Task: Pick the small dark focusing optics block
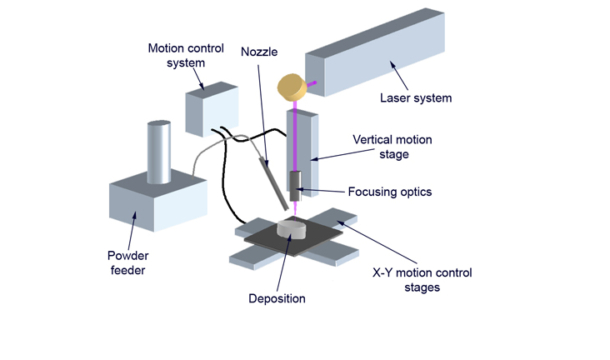pyautogui.click(x=295, y=181)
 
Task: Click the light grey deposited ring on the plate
pyautogui.click(x=291, y=227)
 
